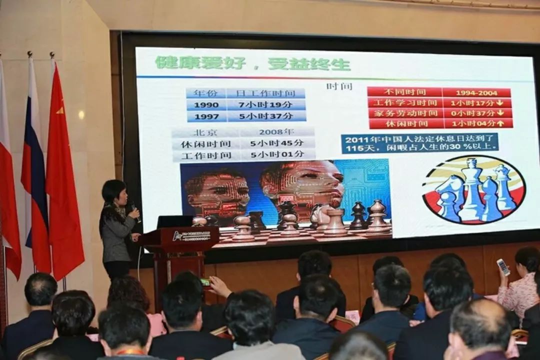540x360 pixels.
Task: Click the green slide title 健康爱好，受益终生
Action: [252, 63]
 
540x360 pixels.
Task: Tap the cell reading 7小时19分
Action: [265, 104]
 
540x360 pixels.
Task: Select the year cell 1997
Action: [206, 116]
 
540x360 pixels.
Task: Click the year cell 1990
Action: [206, 105]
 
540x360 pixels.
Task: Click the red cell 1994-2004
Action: [476, 92]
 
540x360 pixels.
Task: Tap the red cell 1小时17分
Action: [477, 102]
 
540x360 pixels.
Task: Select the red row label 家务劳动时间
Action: [405, 113]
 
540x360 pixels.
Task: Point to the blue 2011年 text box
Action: [419, 142]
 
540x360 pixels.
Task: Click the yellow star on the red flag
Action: [60, 110]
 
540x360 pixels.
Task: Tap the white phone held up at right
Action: [503, 267]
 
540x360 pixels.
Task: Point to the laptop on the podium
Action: [174, 221]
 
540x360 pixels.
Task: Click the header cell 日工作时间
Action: [265, 93]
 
